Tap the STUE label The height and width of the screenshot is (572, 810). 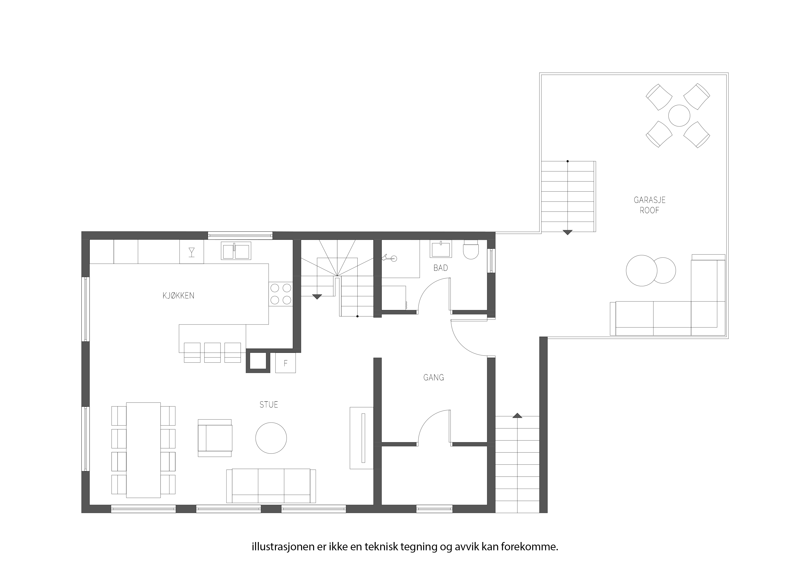coord(269,405)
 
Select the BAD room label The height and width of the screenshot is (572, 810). coord(441,268)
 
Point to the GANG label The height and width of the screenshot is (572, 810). coord(434,378)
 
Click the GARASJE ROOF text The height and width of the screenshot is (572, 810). coord(650,205)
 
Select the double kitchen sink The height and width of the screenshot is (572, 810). coord(236,250)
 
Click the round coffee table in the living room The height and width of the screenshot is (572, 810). coord(271,438)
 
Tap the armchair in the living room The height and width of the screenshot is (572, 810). coord(215,438)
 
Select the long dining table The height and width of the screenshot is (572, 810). coord(144,450)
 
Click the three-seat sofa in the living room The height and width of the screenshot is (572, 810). coord(271,486)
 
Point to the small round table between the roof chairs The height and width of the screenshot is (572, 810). coord(679,116)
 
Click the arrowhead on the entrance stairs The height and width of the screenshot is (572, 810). coord(517,416)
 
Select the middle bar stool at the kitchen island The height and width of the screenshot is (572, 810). coord(212,352)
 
